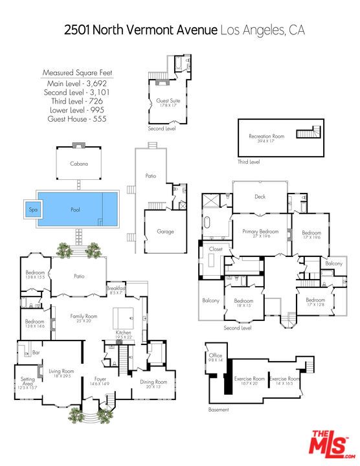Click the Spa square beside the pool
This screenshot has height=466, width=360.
(32, 210)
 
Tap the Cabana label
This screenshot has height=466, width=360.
(79, 164)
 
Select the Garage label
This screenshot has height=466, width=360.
(165, 231)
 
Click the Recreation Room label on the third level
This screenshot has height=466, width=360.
(267, 137)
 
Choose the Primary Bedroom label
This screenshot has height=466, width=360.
(260, 231)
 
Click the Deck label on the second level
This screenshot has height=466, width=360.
(260, 196)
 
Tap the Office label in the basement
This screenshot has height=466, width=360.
(216, 355)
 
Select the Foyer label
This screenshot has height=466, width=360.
(100, 379)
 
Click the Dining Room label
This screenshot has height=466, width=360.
(153, 382)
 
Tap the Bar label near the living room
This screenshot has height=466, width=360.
(36, 353)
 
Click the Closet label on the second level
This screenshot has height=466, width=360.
(215, 249)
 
